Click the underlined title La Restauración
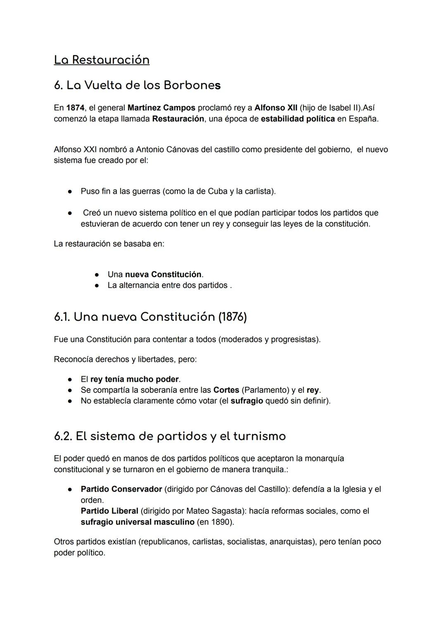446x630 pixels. click(x=102, y=60)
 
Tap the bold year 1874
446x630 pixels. click(x=75, y=108)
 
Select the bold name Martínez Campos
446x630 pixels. click(x=161, y=108)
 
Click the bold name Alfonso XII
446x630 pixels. click(x=276, y=108)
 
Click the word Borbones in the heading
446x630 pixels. click(x=192, y=86)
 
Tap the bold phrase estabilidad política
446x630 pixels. click(x=298, y=119)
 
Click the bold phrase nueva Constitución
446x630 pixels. click(x=163, y=275)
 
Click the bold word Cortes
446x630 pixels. click(x=226, y=390)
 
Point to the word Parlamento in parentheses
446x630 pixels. click(x=264, y=390)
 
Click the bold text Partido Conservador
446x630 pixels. click(x=121, y=489)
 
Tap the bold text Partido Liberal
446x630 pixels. click(x=109, y=511)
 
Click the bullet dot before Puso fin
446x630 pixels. click(x=71, y=192)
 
